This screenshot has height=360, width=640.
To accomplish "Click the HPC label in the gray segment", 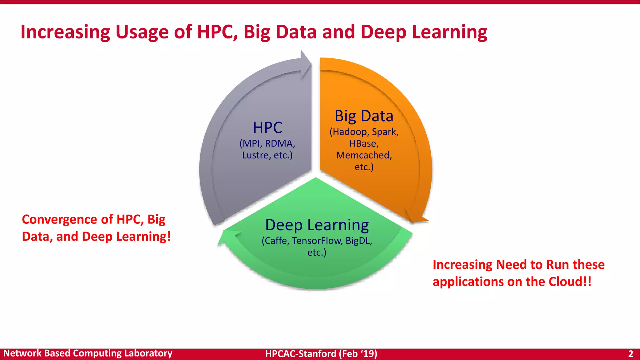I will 267,127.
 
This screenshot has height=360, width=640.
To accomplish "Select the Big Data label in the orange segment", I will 364,116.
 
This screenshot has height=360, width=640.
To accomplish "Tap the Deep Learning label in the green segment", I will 317,225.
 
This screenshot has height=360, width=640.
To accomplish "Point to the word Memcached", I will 364,155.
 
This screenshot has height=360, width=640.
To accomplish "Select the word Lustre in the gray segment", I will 255,155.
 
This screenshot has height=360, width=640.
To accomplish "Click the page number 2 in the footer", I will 631,354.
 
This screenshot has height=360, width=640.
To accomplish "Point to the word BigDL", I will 359,241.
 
